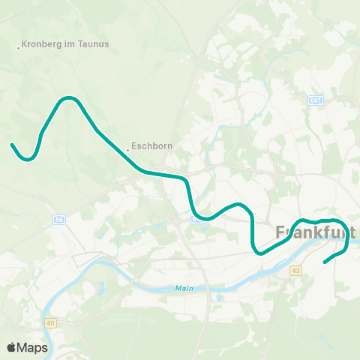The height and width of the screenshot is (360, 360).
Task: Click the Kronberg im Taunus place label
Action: point(66,43)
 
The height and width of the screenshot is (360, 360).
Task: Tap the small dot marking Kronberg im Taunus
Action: point(18,49)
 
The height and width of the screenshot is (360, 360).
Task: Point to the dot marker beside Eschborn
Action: point(127,150)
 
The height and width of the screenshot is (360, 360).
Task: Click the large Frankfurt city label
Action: point(315,232)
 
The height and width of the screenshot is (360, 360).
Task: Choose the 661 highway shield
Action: point(315,100)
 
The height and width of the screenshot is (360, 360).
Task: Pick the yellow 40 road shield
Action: point(51,323)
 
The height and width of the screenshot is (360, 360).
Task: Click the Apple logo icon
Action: point(11,347)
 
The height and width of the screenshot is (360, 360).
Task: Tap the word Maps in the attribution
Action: point(33,347)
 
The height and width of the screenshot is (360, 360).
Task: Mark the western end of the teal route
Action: point(12,145)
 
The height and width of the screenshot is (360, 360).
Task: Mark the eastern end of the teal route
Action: point(325,262)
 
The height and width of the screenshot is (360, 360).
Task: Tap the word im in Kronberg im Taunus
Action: point(70,43)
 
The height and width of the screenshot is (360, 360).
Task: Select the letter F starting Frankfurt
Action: point(281,232)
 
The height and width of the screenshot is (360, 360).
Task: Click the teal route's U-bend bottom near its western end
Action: point(28,159)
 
